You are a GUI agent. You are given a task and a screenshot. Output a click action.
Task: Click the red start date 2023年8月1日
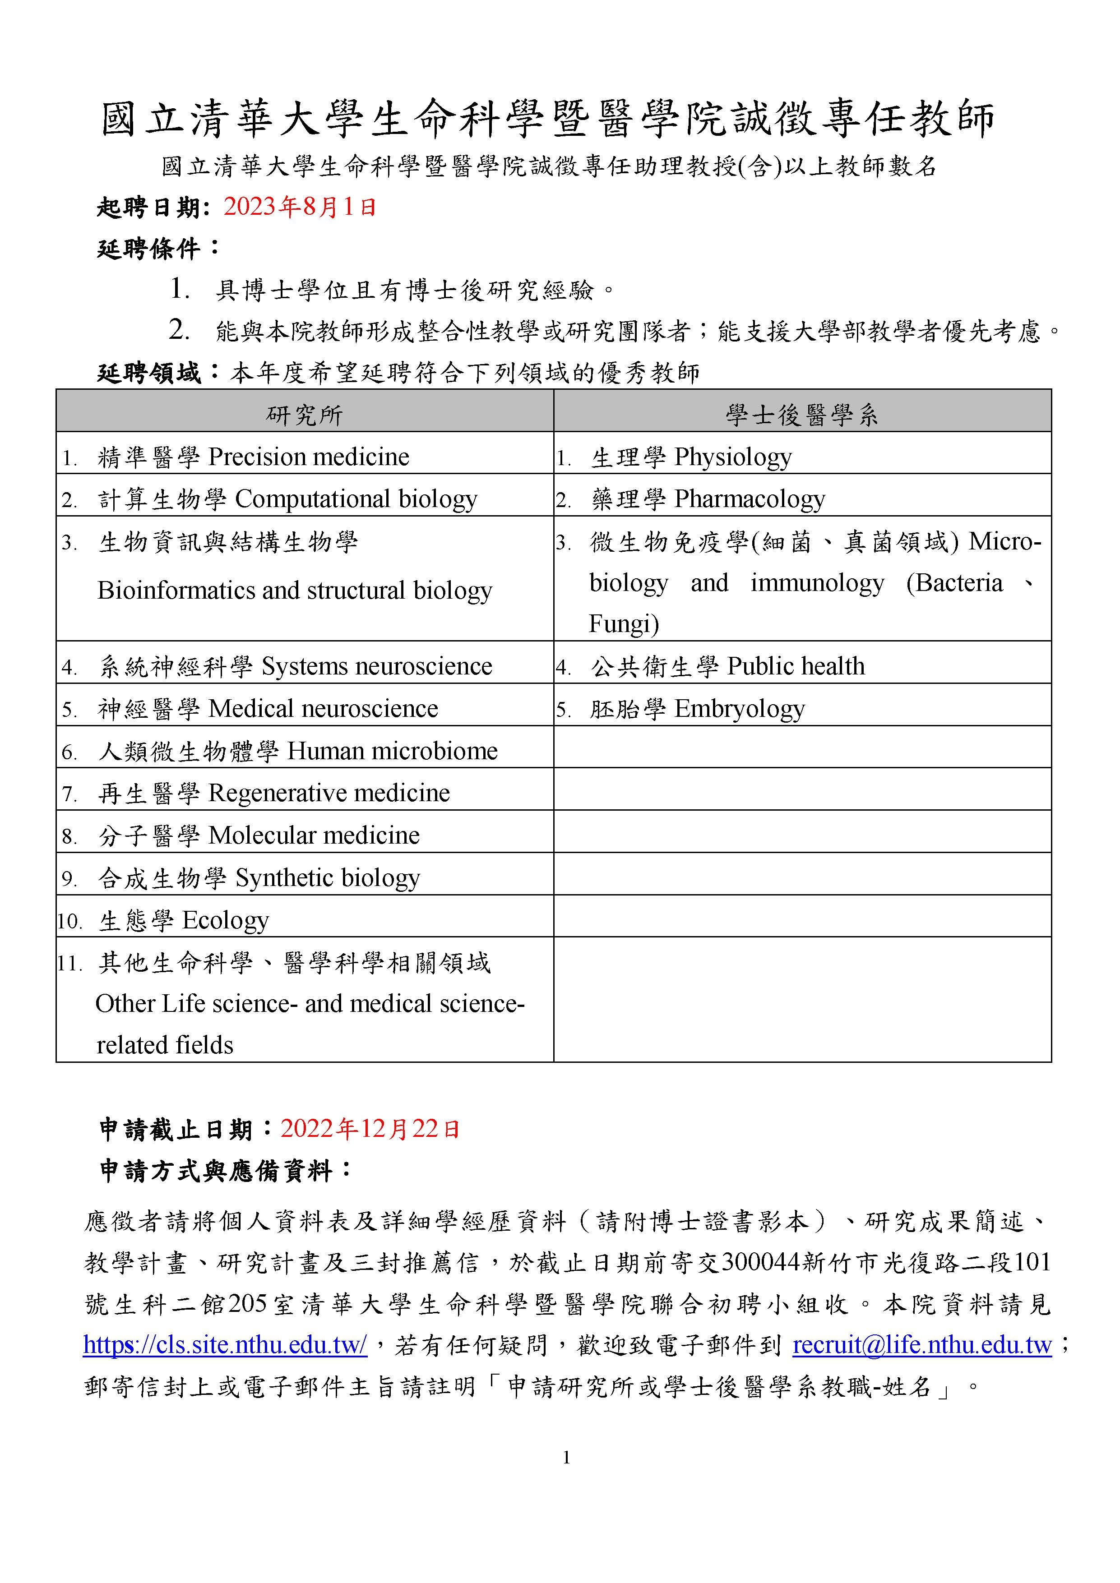click(x=299, y=207)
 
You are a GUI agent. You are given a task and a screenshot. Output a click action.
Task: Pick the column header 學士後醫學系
click(x=802, y=415)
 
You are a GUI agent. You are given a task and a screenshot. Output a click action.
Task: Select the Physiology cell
click(x=732, y=457)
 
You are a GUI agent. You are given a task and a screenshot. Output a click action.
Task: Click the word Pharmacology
click(x=749, y=499)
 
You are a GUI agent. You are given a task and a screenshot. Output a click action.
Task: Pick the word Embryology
click(x=739, y=709)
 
